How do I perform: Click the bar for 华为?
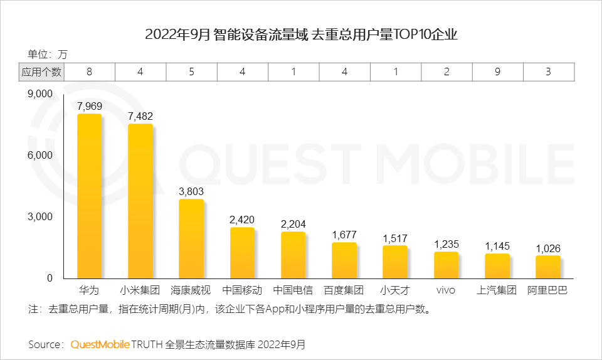[89, 196]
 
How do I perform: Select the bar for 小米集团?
[140, 201]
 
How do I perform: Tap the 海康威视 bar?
[191, 238]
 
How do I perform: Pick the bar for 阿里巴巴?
[547, 267]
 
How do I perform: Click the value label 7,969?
[89, 106]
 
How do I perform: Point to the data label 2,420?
[242, 220]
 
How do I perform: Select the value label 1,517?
[395, 238]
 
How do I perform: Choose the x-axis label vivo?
[446, 290]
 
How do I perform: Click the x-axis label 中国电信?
[293, 290]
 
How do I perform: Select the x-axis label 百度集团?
[344, 290]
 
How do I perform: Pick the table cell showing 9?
[497, 71]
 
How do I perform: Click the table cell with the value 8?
[89, 71]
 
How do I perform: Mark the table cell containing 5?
[191, 71]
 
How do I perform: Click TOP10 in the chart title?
[409, 34]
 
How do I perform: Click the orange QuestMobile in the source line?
[100, 344]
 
